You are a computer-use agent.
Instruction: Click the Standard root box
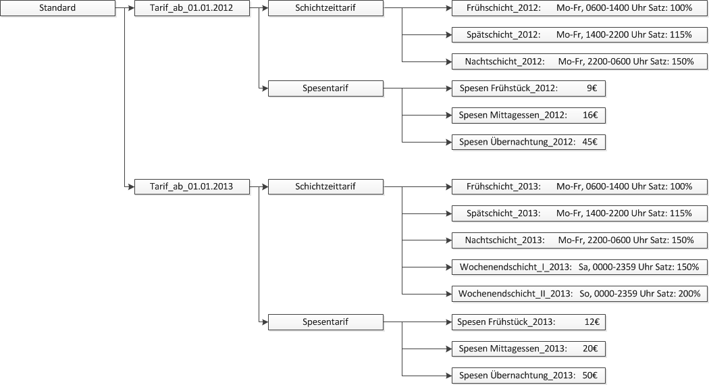pyautogui.click(x=57, y=8)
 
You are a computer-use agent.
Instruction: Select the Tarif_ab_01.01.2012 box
pyautogui.click(x=192, y=8)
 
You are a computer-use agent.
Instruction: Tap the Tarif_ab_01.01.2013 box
pyautogui.click(x=192, y=186)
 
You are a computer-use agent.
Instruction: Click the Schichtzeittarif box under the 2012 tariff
pyautogui.click(x=325, y=8)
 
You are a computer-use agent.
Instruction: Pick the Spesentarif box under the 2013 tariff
pyautogui.click(x=325, y=322)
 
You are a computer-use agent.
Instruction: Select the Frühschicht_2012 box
pyautogui.click(x=579, y=8)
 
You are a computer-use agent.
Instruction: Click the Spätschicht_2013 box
pyautogui.click(x=579, y=213)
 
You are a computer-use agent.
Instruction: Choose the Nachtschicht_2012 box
pyautogui.click(x=579, y=61)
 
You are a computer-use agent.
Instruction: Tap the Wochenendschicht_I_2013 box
pyautogui.click(x=579, y=267)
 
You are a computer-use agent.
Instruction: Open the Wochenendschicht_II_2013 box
pyautogui.click(x=579, y=294)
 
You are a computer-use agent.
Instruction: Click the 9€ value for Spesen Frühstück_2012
pyautogui.click(x=592, y=88)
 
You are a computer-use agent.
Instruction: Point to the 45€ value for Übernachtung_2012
pyautogui.click(x=589, y=142)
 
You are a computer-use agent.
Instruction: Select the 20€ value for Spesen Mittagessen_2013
pyautogui.click(x=590, y=349)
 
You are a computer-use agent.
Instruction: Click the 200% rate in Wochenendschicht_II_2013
pyautogui.click(x=689, y=294)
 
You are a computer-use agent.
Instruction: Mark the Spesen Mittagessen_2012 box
pyautogui.click(x=529, y=115)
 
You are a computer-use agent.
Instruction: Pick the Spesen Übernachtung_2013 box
pyautogui.click(x=529, y=376)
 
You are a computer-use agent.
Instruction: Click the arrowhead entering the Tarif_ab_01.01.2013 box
pyautogui.click(x=131, y=186)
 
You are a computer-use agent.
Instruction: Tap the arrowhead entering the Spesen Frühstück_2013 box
pyautogui.click(x=448, y=322)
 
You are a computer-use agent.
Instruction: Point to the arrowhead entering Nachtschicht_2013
pyautogui.click(x=448, y=240)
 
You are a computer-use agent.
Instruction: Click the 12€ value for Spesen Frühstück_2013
pyautogui.click(x=592, y=322)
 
